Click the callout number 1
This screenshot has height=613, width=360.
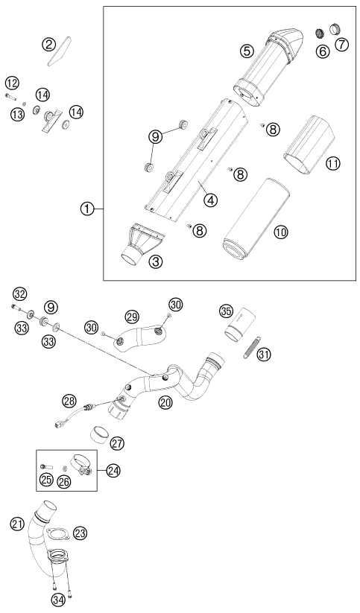pos(87,209)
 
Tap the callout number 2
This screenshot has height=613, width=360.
pos(48,45)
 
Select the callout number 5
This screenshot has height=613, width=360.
pos(247,50)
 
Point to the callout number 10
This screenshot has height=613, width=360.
pos(280,232)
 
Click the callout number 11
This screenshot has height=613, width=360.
pos(333,163)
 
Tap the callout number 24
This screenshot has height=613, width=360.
pos(113,470)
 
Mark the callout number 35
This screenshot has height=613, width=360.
pos(225,311)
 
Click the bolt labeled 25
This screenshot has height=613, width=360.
pos(45,466)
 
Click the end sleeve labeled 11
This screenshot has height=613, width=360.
pos(309,145)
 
